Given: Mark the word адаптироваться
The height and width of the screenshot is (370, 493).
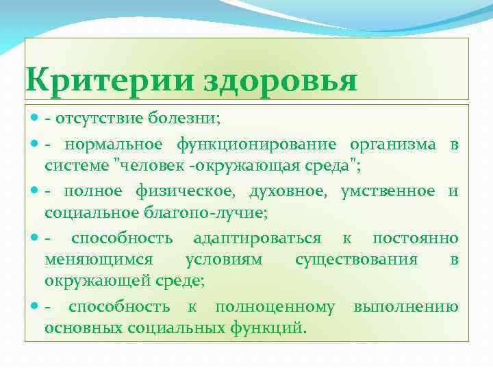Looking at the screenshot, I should point(257,238).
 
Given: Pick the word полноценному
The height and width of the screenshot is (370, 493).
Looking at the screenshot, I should point(275,306).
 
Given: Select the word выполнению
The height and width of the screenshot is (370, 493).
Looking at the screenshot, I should point(406,306).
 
